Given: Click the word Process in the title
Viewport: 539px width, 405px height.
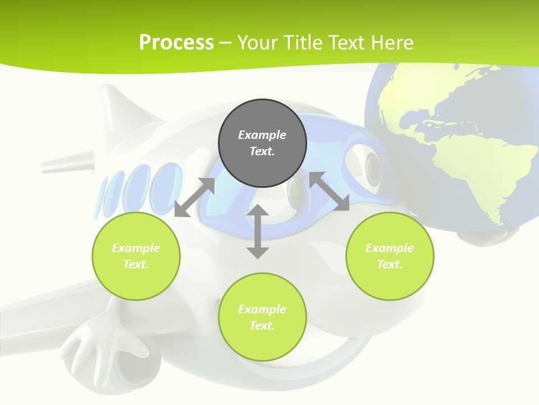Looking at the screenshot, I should pos(176,43).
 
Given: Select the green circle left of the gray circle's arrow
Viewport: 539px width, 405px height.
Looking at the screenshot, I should pos(136,256).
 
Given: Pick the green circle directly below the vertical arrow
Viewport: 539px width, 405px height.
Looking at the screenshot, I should pos(262,317).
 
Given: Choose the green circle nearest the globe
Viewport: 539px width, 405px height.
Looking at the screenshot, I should pos(390,256).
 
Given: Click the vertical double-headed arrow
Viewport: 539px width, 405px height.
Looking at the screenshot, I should pos(258,231).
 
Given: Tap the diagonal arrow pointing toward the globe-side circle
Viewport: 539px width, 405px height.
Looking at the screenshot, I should pos(330,192).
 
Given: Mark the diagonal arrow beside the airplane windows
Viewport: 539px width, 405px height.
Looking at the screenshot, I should pos(194,197).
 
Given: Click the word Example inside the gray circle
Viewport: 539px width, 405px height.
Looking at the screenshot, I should pos(262,135).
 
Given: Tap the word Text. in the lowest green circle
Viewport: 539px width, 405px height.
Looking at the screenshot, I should pos(262,326).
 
